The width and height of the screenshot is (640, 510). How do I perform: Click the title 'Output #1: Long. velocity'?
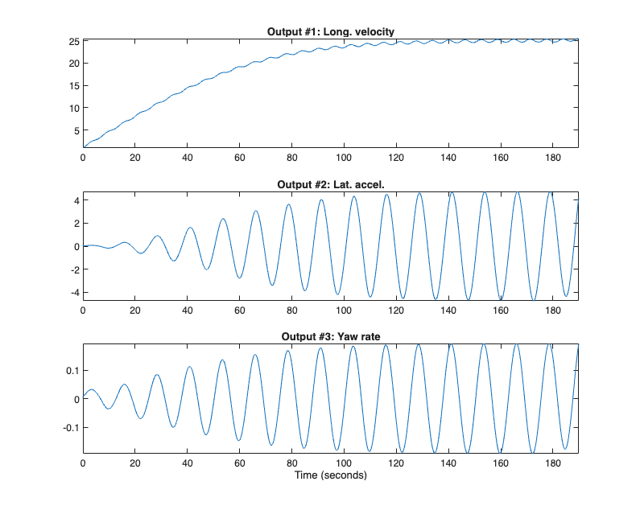point(330,32)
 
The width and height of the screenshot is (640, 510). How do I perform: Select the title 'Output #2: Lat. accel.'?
point(330,184)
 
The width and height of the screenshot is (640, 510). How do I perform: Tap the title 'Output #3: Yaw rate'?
point(330,336)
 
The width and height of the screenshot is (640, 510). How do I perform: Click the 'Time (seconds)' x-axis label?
point(330,475)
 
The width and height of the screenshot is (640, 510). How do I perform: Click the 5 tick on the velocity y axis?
point(75,130)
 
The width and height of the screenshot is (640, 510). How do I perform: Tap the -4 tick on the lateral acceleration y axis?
point(73,292)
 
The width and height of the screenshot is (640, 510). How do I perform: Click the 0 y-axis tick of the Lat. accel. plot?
point(75,246)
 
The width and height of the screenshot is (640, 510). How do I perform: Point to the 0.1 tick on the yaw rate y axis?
point(71,370)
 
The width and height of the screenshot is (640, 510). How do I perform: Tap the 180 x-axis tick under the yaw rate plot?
point(552,463)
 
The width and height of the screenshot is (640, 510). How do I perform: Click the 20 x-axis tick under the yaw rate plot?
point(135,463)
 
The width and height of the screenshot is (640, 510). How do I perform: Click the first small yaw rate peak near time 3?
point(91,389)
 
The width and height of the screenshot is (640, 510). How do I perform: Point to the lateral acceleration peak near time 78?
point(287,204)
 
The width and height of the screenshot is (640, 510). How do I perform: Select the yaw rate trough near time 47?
point(206,434)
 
